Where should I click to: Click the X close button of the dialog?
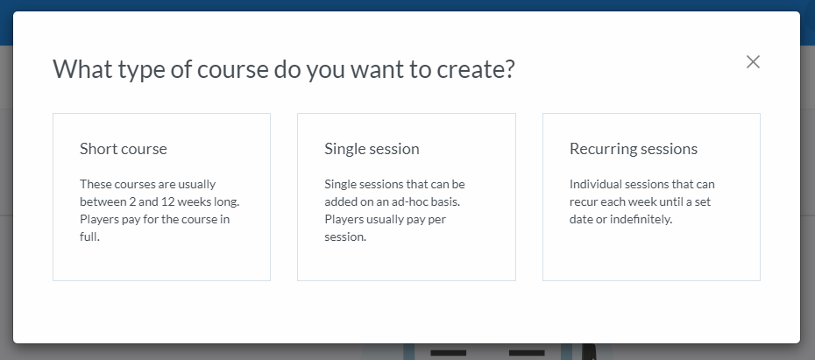pos(753,62)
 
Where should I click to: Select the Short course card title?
pos(124,149)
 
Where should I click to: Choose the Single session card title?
pos(372,149)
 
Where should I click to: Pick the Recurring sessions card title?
pos(633,149)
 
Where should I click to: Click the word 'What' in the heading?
pos(82,69)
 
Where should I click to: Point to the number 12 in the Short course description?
pos(167,201)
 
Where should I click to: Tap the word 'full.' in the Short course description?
pos(89,236)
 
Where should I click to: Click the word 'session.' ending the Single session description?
pos(345,236)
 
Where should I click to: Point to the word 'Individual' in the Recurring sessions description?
pos(593,185)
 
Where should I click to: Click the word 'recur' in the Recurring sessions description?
pos(582,201)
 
